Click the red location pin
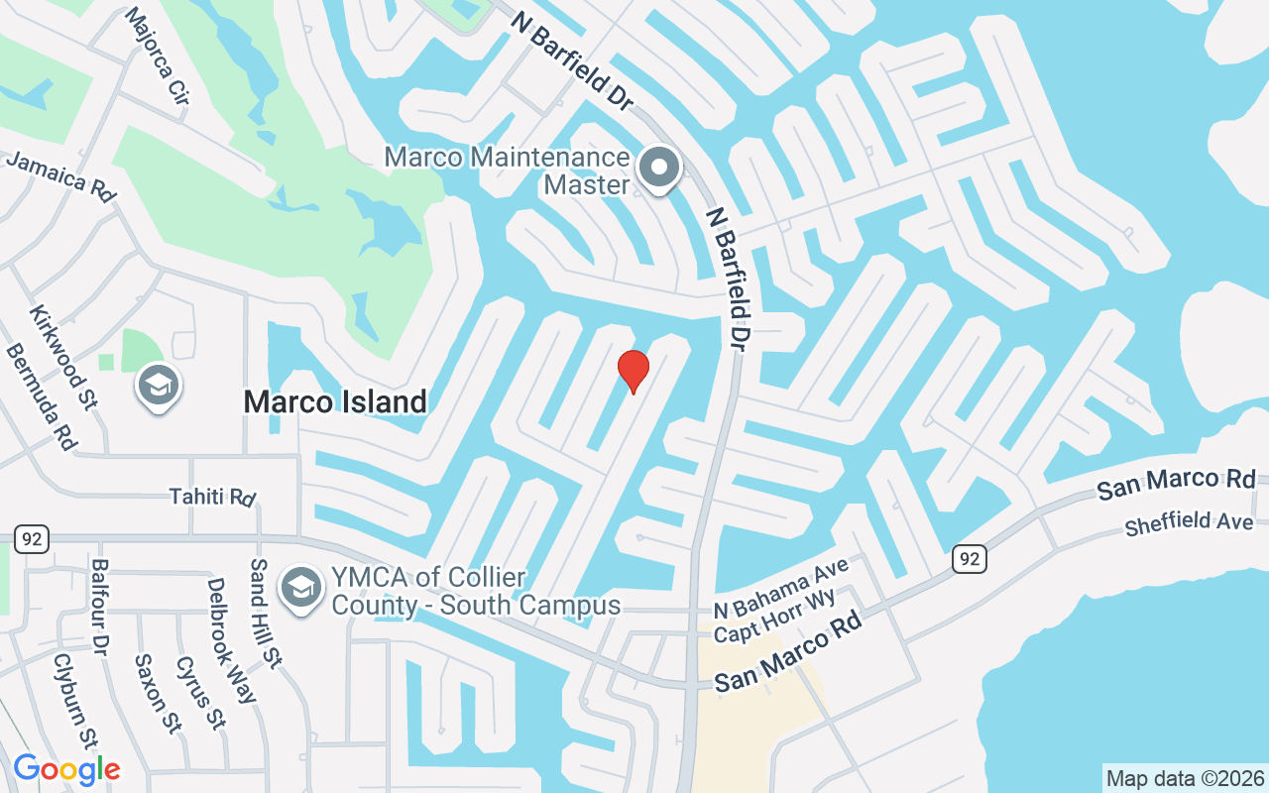(x=633, y=372)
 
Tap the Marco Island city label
(x=335, y=401)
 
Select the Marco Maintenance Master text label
(x=507, y=170)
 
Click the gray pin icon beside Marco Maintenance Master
(x=659, y=169)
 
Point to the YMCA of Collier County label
(x=476, y=592)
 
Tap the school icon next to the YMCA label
(x=300, y=588)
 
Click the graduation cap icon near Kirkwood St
(x=158, y=386)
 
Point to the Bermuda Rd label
(x=41, y=396)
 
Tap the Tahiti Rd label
(x=212, y=496)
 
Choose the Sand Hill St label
(x=266, y=612)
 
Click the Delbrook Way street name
(x=231, y=639)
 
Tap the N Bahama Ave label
(x=781, y=590)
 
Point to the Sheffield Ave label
(x=1196, y=522)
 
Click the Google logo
(x=66, y=769)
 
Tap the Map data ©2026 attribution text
(x=1185, y=778)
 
